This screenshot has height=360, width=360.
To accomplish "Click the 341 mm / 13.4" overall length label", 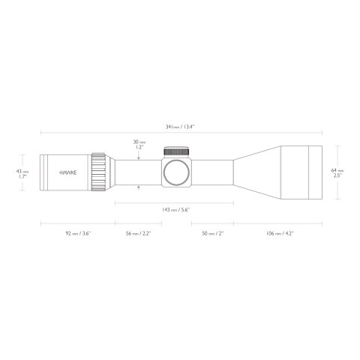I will point(180,128).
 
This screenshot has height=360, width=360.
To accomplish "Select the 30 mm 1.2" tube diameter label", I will point(139,145).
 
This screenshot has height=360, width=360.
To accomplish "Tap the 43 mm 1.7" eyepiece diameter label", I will point(24,174).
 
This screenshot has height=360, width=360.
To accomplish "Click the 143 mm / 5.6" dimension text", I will point(176,210).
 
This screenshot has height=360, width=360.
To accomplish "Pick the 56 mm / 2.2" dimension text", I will point(138,234).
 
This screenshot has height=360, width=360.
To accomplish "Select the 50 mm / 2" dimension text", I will point(212,234).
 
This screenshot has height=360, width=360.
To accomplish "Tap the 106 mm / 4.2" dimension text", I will point(278,234).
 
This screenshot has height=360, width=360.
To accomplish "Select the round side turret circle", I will point(177,172).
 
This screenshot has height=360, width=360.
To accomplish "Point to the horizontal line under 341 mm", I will point(180,135).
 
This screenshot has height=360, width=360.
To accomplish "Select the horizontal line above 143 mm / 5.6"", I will point(176,202).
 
